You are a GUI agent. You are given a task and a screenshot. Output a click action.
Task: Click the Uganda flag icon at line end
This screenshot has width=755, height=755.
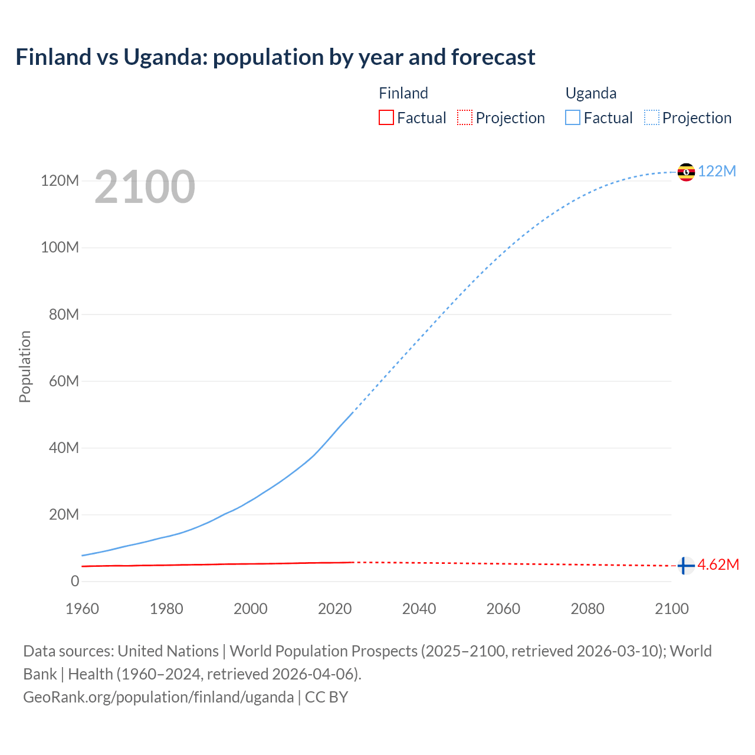coord(686,172)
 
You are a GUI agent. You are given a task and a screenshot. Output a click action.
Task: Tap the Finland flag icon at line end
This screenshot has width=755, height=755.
coord(685,566)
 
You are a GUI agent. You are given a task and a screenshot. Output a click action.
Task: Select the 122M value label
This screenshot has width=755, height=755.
coord(717,172)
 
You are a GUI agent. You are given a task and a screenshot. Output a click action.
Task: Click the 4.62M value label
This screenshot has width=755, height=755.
coord(718,565)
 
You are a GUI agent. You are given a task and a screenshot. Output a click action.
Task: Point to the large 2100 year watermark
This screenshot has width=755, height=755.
coord(145,187)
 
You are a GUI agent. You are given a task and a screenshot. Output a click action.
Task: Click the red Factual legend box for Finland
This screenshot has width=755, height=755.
coord(386,118)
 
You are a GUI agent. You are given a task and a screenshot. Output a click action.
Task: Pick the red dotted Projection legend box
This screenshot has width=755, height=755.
coord(465,118)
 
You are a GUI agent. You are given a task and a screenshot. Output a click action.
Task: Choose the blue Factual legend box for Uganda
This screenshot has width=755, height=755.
coord(573,118)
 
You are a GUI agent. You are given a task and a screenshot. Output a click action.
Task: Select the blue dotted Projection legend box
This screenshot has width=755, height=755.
coord(652,118)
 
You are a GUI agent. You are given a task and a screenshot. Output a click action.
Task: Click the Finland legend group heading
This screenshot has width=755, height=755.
coord(403,93)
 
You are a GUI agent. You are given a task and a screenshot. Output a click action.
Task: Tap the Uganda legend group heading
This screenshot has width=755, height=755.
coord(591,93)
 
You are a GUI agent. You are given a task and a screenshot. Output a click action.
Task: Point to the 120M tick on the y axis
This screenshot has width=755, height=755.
coord(60,180)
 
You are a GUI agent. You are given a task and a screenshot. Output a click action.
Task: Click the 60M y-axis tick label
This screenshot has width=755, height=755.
coord(64,381)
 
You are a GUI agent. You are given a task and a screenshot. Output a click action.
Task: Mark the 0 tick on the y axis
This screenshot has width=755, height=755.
coord(75,581)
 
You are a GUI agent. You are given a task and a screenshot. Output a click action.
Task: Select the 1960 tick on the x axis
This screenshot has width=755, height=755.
coord(82,609)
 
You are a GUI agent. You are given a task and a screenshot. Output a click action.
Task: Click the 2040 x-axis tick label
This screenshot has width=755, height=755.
coord(419,609)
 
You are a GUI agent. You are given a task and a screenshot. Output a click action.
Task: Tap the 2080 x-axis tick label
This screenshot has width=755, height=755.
coord(587,609)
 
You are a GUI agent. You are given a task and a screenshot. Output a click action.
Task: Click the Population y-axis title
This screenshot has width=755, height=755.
coord(25,366)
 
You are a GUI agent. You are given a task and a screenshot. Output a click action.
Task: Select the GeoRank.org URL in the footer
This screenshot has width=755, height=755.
coord(158,697)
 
